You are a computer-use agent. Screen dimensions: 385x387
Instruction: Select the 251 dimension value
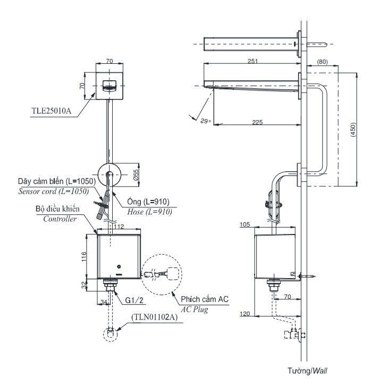click(253, 61)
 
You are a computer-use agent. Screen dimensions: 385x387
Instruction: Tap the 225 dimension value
click(257, 122)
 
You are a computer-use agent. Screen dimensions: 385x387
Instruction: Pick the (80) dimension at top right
click(322, 62)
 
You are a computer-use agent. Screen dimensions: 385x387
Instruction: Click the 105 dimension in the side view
click(245, 225)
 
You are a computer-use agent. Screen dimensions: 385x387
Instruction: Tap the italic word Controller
click(61, 218)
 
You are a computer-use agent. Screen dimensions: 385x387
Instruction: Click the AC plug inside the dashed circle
click(171, 273)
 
